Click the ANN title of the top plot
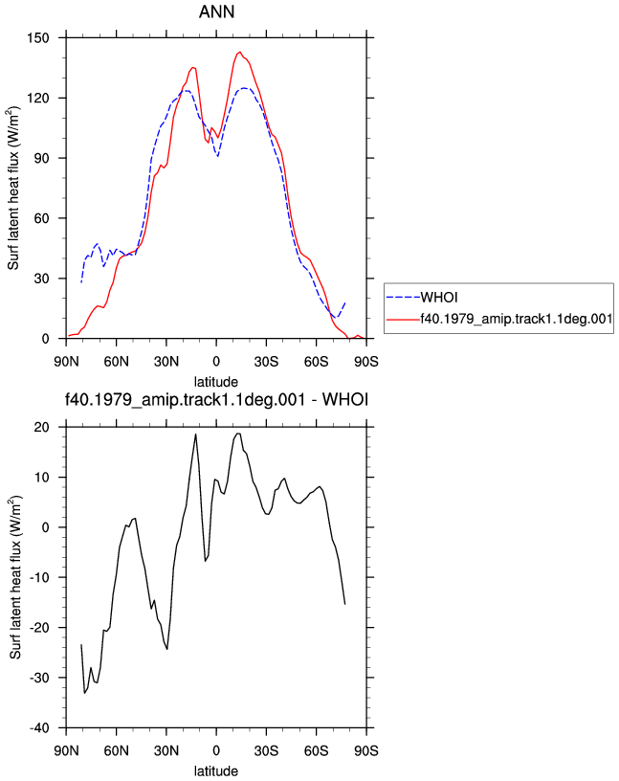coord(216,11)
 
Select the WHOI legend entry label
coord(439,298)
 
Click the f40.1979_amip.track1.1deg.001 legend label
coord(517,319)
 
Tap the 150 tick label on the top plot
coord(38,38)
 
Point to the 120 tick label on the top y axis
coord(38,99)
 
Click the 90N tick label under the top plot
coord(66,361)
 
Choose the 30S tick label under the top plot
coord(266,361)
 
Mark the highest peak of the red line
coord(239,52)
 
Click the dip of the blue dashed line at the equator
coord(217,156)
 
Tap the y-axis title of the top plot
coord(13,188)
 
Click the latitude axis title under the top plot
coord(216,382)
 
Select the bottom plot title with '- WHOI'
coord(216,399)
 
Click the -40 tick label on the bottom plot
coord(40,727)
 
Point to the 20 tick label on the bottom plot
coord(42,427)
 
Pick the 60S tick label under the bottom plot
coord(317,750)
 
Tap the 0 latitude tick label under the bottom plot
coord(216,750)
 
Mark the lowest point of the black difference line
coord(84,693)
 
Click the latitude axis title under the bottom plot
coord(216,771)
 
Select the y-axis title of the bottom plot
coord(15,577)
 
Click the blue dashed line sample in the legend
coord(404,298)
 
